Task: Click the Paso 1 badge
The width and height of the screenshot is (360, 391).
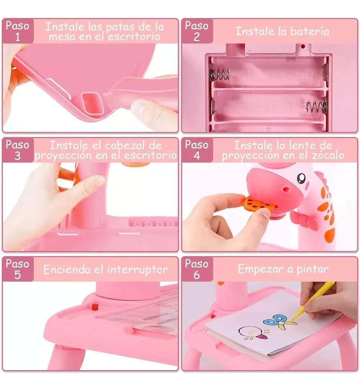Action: (18, 31)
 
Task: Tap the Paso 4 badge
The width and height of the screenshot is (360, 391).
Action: (197, 150)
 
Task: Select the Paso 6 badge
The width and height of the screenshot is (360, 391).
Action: (197, 269)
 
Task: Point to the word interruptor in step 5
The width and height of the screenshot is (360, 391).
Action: (138, 269)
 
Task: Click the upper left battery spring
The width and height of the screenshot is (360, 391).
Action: (219, 74)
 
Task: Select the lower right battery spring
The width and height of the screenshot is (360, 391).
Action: (316, 106)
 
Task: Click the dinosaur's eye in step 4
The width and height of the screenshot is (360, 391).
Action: (302, 178)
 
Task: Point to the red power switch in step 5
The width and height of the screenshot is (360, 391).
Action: (95, 307)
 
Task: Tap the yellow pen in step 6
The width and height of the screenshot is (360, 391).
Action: (312, 301)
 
